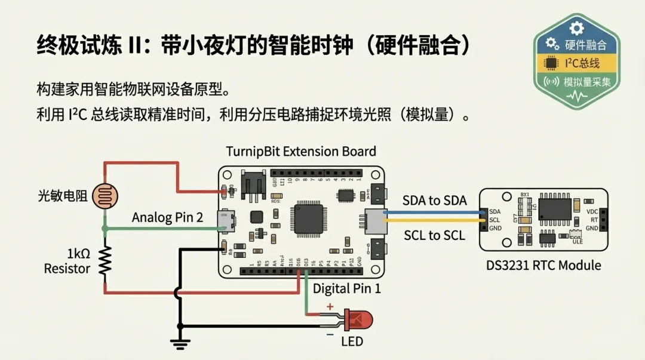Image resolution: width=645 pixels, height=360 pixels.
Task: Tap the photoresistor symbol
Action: [x=105, y=195]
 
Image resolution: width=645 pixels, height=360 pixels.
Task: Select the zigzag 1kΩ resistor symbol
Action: [x=105, y=261]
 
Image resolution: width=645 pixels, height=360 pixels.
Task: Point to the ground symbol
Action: [x=179, y=343]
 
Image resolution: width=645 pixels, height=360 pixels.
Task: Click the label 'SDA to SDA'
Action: [x=434, y=200]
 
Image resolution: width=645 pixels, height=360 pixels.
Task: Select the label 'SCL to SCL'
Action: [x=434, y=235]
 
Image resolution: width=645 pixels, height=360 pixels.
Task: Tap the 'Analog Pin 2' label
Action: [x=167, y=217]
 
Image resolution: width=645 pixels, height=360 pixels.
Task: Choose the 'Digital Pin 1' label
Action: [x=347, y=289]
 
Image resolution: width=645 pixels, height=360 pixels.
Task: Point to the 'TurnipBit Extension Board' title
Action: [x=301, y=151]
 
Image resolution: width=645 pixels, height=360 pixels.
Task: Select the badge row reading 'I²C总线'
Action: [x=577, y=63]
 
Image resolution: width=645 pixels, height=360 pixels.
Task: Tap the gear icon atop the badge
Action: [x=576, y=27]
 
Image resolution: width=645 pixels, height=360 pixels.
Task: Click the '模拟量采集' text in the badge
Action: [x=588, y=82]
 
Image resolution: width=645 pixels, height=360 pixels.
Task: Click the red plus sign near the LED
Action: [x=329, y=307]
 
